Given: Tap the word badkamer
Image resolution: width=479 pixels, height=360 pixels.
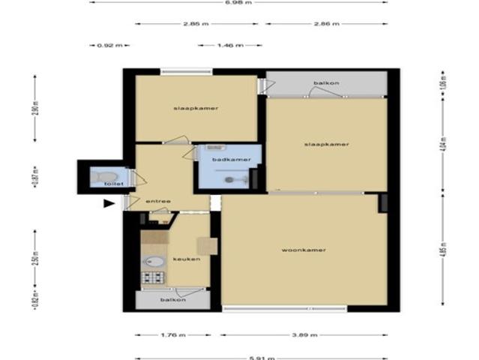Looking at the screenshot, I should (x=226, y=160).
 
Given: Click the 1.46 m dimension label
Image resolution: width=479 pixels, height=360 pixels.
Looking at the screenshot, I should (x=229, y=45).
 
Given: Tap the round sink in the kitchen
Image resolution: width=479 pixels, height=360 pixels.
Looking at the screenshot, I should (x=153, y=262).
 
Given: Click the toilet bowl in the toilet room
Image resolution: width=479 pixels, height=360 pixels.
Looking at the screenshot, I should (x=98, y=178).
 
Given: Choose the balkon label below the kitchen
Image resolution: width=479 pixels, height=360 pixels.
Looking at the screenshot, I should (x=173, y=299).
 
